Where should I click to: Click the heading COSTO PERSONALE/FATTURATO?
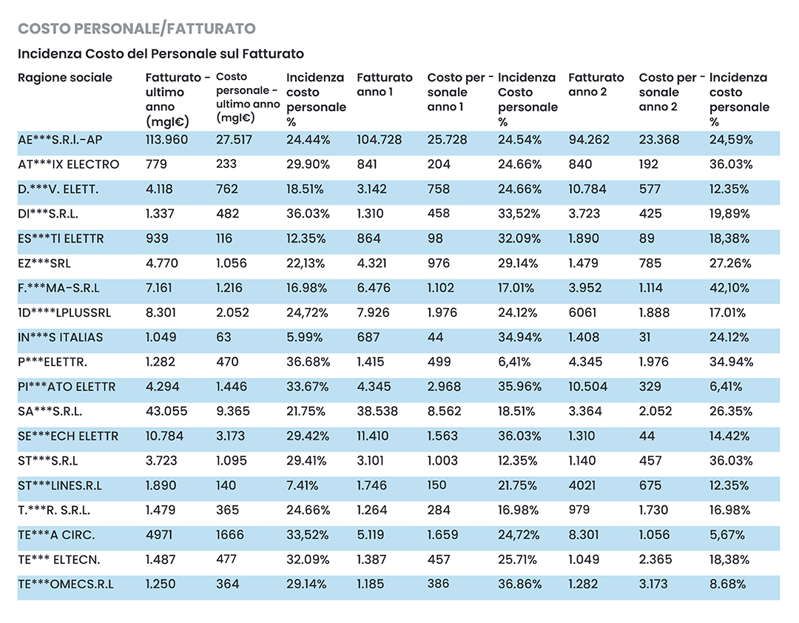(x=137, y=29)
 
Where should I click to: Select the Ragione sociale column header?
(x=64, y=78)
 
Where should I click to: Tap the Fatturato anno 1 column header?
(x=384, y=84)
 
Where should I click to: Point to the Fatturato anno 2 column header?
(x=596, y=84)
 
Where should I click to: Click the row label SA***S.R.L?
(x=50, y=411)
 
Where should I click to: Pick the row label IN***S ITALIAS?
(x=60, y=337)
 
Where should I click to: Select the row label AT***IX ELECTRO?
(x=68, y=165)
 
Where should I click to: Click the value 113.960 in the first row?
(x=166, y=140)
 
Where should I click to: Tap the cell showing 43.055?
(x=166, y=411)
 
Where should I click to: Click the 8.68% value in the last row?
(x=727, y=585)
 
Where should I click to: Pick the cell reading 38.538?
(x=377, y=411)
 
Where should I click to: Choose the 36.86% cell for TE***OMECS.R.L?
(x=519, y=585)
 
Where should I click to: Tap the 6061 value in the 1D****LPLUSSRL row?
(x=582, y=312)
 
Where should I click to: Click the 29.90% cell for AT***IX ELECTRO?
(x=308, y=165)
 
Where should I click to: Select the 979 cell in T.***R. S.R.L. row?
(x=579, y=511)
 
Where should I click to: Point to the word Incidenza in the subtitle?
(x=50, y=54)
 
